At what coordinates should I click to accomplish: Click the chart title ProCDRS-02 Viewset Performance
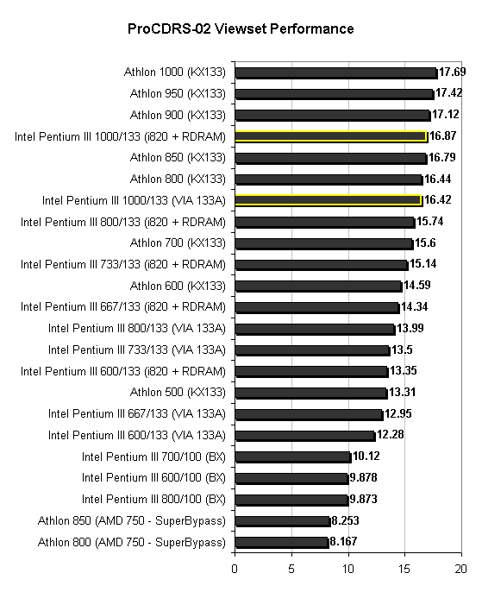click(241, 28)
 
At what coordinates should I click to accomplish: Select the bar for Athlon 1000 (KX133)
click(336, 72)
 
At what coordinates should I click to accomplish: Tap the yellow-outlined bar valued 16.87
click(331, 136)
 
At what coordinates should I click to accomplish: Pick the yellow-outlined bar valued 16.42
click(329, 200)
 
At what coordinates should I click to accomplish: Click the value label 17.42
click(449, 93)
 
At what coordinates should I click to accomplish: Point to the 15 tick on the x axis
click(404, 569)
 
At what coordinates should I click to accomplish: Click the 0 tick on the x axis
click(235, 569)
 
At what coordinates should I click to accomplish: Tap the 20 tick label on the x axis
click(461, 569)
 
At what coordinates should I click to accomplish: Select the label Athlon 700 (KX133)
click(178, 242)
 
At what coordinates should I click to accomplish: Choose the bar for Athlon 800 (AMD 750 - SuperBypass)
click(282, 543)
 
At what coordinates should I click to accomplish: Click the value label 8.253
click(345, 520)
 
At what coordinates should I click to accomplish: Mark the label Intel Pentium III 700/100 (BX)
click(153, 457)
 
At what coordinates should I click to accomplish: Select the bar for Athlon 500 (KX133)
click(311, 394)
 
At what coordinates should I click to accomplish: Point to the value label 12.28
click(391, 435)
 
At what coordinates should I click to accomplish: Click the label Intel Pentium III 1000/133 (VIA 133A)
click(134, 200)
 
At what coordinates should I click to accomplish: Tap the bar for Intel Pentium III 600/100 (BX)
click(291, 479)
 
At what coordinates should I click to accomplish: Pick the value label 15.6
click(425, 242)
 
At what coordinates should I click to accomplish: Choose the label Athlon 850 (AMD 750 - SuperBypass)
click(132, 521)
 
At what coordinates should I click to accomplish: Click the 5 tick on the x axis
click(291, 569)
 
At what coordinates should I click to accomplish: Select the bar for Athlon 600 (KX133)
click(318, 287)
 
